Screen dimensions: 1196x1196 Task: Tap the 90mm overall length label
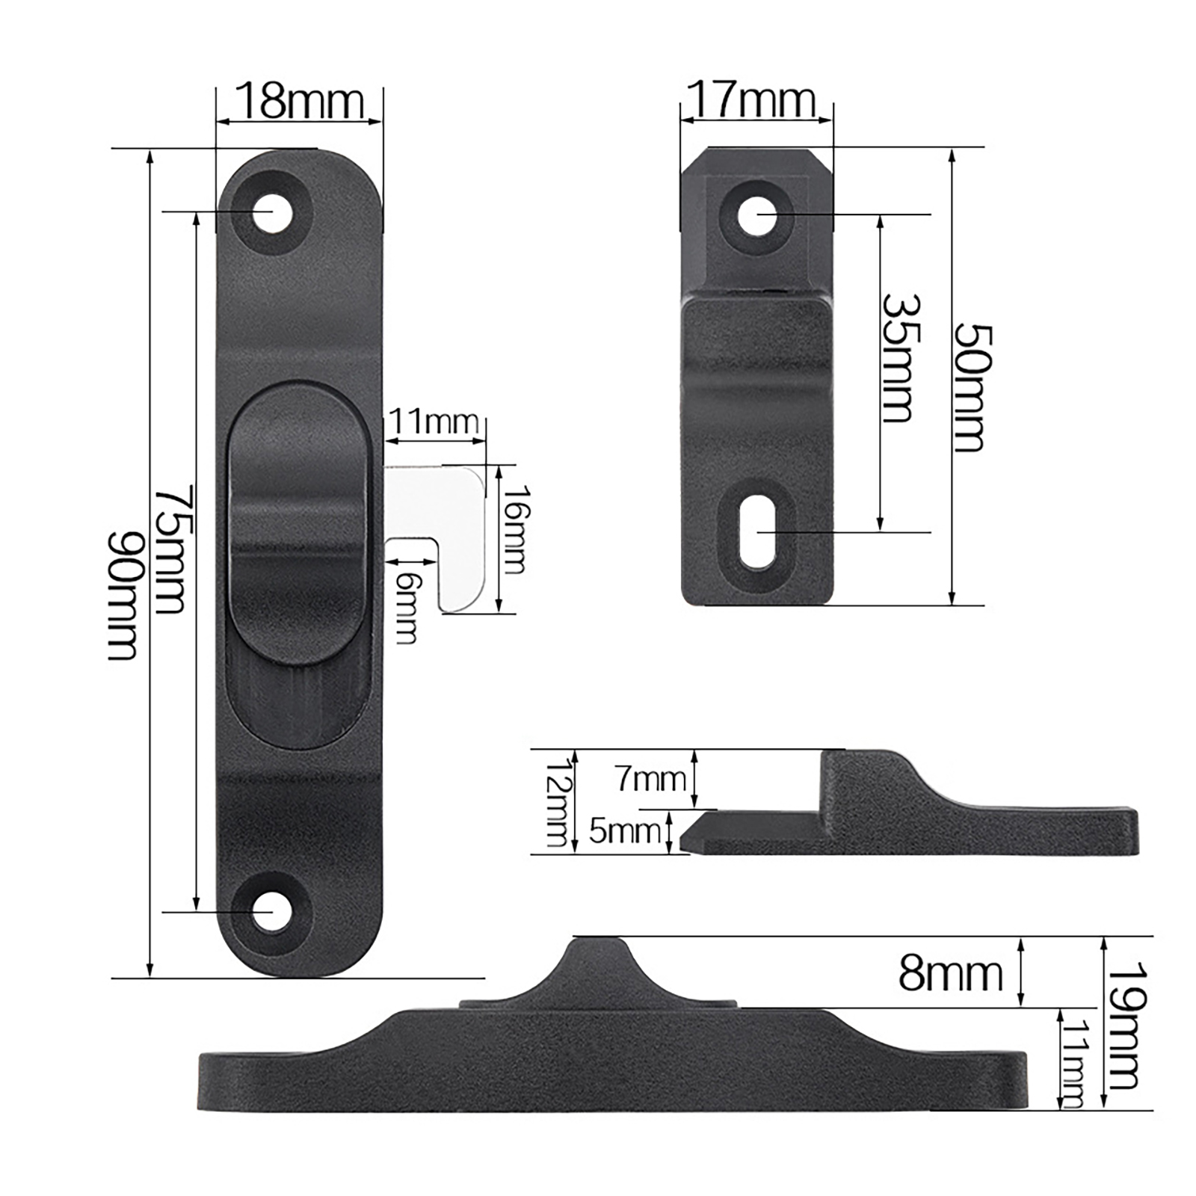pyautogui.click(x=123, y=596)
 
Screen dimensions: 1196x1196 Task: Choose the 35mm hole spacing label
pyautogui.click(x=901, y=358)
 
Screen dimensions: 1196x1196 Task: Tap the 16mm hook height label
pyautogui.click(x=515, y=529)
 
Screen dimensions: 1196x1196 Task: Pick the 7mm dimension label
pyautogui.click(x=651, y=780)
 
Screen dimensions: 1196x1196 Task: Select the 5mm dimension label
pyautogui.click(x=625, y=830)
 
